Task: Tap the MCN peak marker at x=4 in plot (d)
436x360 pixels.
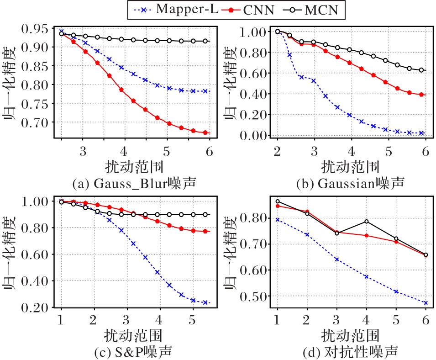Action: click(366, 222)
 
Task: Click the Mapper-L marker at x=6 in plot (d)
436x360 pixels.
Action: click(425, 302)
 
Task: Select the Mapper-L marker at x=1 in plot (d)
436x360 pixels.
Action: click(277, 220)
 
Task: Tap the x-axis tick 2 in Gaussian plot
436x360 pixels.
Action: click(277, 151)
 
